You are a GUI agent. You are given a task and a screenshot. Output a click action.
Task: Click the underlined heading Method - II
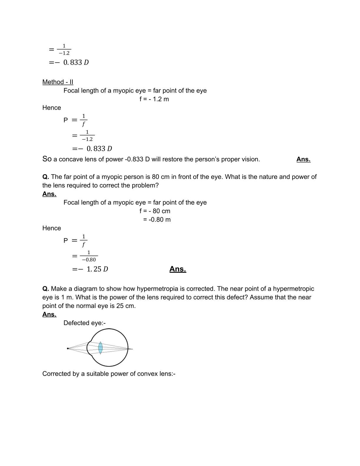(x=58, y=82)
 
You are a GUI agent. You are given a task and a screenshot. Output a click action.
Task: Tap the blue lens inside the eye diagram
(x=100, y=347)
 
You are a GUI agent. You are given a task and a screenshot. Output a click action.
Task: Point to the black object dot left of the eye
(x=68, y=349)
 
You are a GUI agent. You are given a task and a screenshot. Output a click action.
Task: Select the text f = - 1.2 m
(x=154, y=99)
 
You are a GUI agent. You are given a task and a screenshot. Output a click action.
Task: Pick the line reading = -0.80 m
(x=156, y=220)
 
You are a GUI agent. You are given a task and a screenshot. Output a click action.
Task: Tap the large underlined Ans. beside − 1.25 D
(x=178, y=269)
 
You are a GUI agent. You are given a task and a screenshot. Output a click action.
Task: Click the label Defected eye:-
(x=84, y=323)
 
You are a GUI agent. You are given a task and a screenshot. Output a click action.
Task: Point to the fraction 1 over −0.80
(x=89, y=256)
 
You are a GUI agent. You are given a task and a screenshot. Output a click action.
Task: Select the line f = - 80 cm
(x=155, y=211)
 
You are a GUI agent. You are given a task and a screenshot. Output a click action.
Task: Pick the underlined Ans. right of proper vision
(x=303, y=159)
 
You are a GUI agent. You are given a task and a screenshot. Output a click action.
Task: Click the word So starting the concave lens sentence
(x=47, y=159)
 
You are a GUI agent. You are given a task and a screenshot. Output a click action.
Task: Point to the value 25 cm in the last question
(x=125, y=306)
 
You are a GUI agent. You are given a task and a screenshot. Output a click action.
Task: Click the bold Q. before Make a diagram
(x=46, y=289)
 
